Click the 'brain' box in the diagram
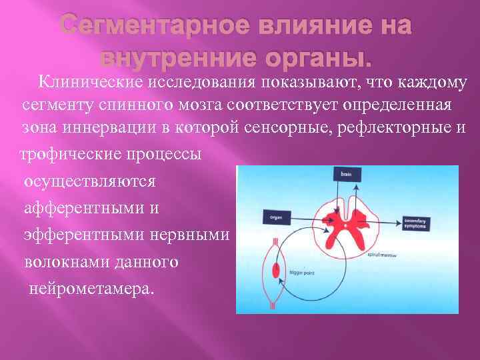(x=345, y=174)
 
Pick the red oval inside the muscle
(x=275, y=271)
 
